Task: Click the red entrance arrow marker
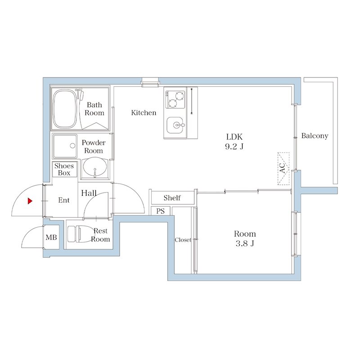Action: [x=30, y=201]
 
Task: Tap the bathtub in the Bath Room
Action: [x=65, y=109]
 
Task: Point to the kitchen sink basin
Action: [x=175, y=125]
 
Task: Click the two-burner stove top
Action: [x=175, y=99]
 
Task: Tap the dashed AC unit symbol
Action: [x=283, y=168]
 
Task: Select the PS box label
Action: [x=161, y=211]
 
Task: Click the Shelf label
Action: [x=172, y=198]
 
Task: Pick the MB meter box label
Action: [x=51, y=237]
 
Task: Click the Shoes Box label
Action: [x=64, y=169]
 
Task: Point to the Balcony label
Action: [x=315, y=136]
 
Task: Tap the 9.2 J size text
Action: [x=234, y=147]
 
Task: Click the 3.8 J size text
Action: [x=245, y=243]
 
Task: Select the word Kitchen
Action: [x=144, y=112]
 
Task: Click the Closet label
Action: [x=183, y=240]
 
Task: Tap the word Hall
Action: [x=89, y=193]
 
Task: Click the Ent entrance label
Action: [x=64, y=200]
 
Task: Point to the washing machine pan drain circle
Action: [x=72, y=145]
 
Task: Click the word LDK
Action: [x=234, y=137]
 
